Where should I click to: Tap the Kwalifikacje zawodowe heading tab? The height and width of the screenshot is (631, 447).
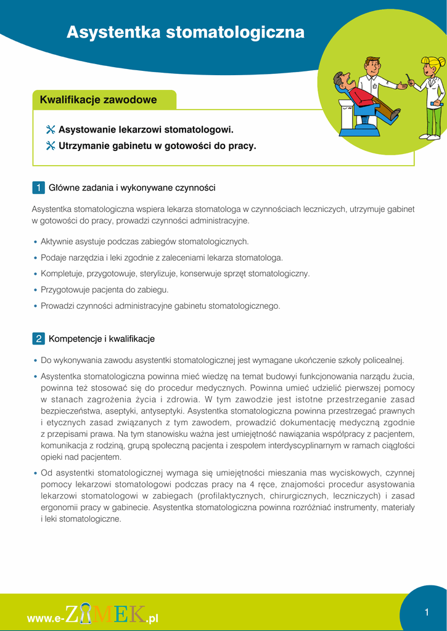pos(99,100)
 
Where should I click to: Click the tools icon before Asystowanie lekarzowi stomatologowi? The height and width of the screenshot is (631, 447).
pos(51,130)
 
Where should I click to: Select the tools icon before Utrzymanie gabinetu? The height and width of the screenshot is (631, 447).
pos(51,146)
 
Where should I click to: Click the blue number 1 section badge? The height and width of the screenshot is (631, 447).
pos(38,187)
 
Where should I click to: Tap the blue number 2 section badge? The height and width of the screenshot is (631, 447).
pos(38,339)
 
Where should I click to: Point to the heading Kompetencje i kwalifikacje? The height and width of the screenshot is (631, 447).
pos(102,339)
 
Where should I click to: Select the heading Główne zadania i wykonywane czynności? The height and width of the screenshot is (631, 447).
pos(132,187)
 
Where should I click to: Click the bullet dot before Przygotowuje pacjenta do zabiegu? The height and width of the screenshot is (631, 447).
pos(35,290)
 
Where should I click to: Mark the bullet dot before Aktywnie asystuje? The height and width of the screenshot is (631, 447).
pos(35,242)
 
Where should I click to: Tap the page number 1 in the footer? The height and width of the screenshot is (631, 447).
pos(426,612)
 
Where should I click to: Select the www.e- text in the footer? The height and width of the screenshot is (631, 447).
pos(46,618)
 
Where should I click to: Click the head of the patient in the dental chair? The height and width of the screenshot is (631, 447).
pos(340,80)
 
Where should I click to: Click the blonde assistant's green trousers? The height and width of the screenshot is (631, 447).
pos(433,121)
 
